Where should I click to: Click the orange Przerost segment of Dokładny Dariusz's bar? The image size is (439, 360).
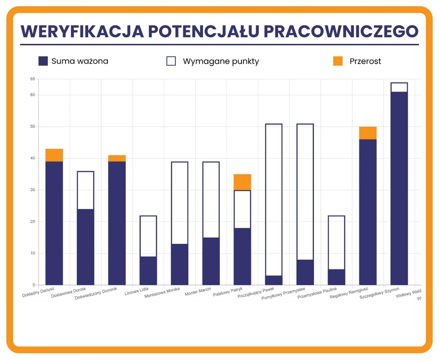pos(54,155)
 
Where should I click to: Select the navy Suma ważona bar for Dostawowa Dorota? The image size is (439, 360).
pos(85,247)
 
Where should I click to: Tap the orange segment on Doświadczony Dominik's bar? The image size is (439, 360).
pos(117,158)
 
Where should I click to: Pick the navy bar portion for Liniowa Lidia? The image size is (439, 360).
pos(148,270)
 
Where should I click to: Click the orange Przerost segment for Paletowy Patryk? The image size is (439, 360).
pos(242,182)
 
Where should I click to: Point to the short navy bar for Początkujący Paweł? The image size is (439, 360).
pos(274,280)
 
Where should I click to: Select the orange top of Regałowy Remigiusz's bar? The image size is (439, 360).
pos(368,133)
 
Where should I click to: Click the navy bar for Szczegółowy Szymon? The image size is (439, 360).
pos(399,188)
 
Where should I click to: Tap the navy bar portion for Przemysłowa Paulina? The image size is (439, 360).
pos(337,277)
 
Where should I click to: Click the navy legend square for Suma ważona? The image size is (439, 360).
pos(43,61)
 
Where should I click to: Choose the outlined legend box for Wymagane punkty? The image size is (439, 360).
pos(171,61)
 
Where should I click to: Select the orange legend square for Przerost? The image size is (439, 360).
pos(338,61)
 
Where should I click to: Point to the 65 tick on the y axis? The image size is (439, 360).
pos(33,79)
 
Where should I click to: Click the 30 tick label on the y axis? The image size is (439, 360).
pos(33,190)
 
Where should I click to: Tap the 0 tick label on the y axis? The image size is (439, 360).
pos(34,285)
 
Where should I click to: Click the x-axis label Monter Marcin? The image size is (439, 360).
pos(198,292)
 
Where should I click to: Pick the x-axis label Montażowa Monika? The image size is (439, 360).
pos(162,294)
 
